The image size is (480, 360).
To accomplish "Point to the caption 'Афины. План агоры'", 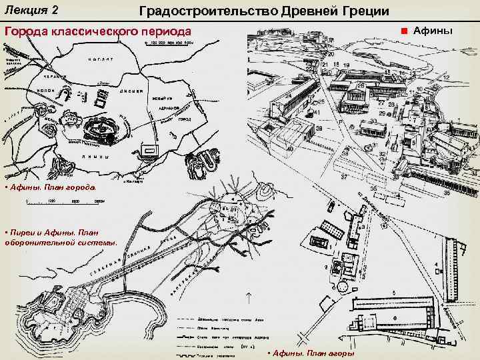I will pos(313,353).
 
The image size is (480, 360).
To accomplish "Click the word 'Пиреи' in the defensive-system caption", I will pos(23,232).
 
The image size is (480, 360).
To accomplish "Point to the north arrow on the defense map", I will pos(248,299).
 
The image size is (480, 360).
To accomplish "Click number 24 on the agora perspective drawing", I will pos(289,95).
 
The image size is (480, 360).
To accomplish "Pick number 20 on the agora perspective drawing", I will pos(330,55).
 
